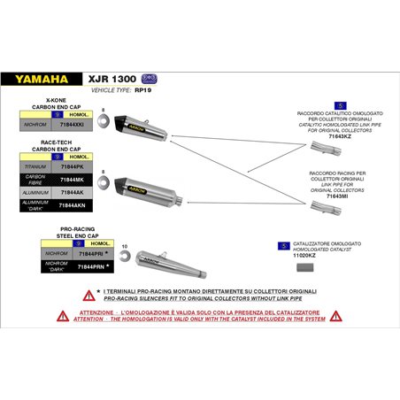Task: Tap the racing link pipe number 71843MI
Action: pos(339,183)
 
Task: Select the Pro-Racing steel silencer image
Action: pos(168,258)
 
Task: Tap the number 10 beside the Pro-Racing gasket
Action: pos(124,246)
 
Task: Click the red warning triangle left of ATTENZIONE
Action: pos(63,315)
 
